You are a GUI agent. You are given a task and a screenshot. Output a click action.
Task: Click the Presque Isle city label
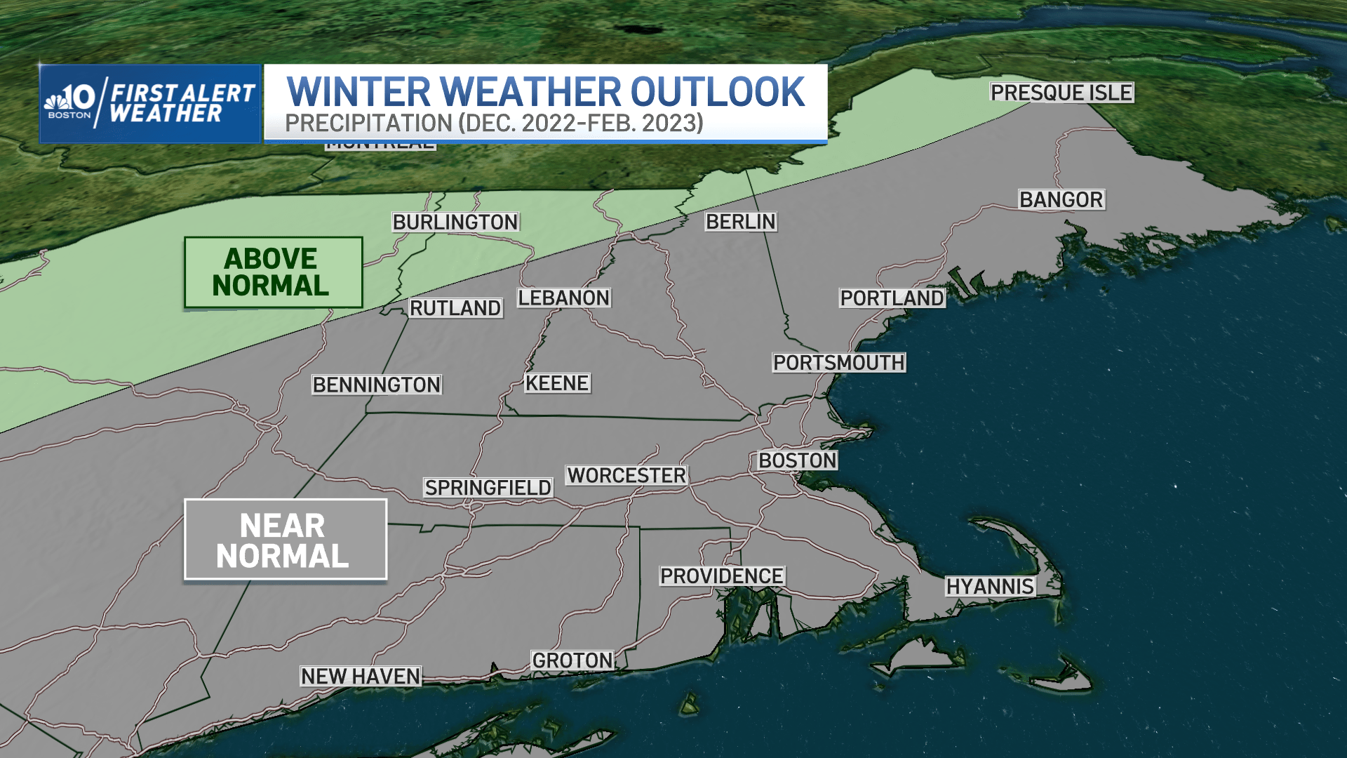[1061, 93]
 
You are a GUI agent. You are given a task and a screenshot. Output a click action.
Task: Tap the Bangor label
[1061, 200]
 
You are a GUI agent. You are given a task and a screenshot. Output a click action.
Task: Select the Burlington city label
[455, 222]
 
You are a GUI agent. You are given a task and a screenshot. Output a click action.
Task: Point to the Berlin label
[741, 222]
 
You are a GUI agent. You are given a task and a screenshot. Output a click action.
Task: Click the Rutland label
[455, 308]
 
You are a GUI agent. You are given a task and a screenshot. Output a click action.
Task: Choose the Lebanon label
[564, 298]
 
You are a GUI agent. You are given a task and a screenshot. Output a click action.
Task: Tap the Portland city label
[892, 298]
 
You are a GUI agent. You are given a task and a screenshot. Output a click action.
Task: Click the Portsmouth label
[839, 363]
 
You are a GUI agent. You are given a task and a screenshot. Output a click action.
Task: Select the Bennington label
[377, 385]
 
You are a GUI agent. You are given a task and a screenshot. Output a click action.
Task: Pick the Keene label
[557, 383]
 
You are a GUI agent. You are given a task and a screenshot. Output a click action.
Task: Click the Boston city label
[798, 461]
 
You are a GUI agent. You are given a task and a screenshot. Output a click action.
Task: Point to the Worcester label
[626, 476]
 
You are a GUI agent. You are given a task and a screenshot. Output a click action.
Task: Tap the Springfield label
[488, 488]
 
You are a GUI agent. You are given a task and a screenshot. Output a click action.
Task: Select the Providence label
[722, 576]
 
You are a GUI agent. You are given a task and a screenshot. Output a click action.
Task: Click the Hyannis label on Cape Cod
[990, 587]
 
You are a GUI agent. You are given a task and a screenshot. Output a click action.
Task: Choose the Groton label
[572, 660]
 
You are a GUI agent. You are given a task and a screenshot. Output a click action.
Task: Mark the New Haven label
[361, 677]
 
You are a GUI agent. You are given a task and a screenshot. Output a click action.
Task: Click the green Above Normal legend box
[273, 272]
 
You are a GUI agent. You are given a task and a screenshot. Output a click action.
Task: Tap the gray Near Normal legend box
[285, 540]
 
